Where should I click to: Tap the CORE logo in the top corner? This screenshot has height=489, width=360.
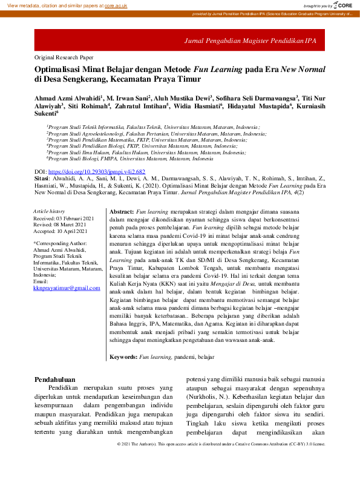tap(342, 5)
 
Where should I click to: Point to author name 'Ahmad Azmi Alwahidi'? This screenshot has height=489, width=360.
tap(68, 97)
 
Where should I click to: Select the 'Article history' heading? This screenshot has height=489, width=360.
tap(48, 211)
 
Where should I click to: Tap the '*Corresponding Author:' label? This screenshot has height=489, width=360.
tap(61, 243)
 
